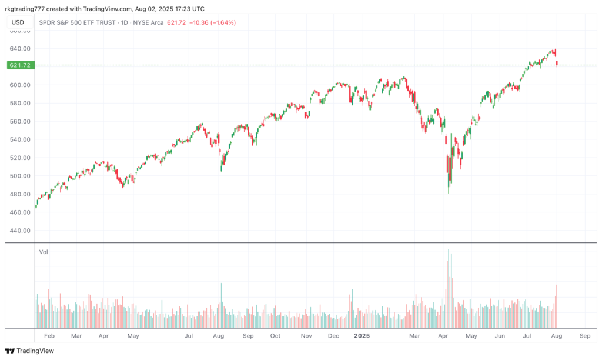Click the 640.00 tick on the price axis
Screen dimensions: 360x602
pos(21,49)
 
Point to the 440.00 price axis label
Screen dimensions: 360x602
pos(21,231)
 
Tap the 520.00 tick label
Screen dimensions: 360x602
pos(21,158)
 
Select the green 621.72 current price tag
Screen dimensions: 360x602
pos(21,65)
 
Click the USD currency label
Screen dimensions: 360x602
pos(18,22)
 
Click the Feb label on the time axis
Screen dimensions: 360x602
pos(49,336)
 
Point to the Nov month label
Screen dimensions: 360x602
pos(306,336)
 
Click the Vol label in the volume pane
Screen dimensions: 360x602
pos(44,252)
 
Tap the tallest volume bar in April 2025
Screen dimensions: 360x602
pos(449,289)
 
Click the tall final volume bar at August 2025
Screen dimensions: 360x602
pos(556,306)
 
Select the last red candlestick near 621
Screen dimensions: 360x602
pos(557,64)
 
